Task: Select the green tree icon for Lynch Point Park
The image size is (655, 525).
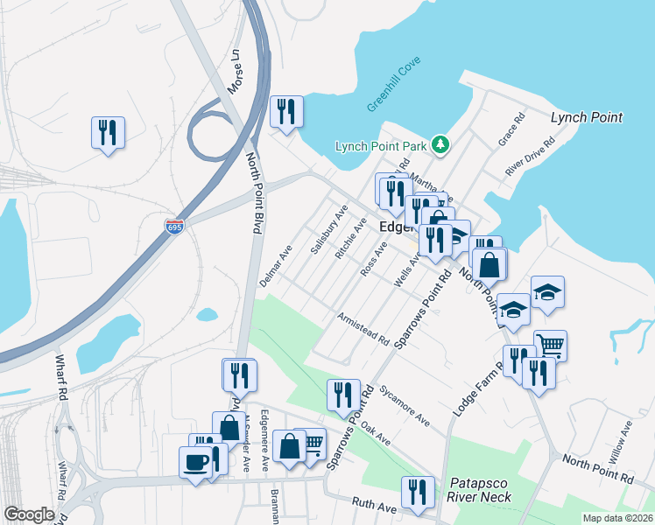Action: tap(443, 144)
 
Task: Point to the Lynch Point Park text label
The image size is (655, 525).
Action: tap(385, 146)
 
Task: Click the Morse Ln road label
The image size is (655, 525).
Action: tap(234, 73)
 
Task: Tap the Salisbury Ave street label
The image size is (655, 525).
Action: tap(329, 230)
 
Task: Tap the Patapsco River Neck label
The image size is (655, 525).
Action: tap(480, 490)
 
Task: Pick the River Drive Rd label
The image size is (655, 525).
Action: tap(531, 155)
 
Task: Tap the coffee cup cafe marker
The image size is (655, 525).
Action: tap(194, 460)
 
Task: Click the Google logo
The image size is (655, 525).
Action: tap(29, 514)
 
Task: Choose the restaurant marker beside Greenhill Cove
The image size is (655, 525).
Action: tap(286, 111)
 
